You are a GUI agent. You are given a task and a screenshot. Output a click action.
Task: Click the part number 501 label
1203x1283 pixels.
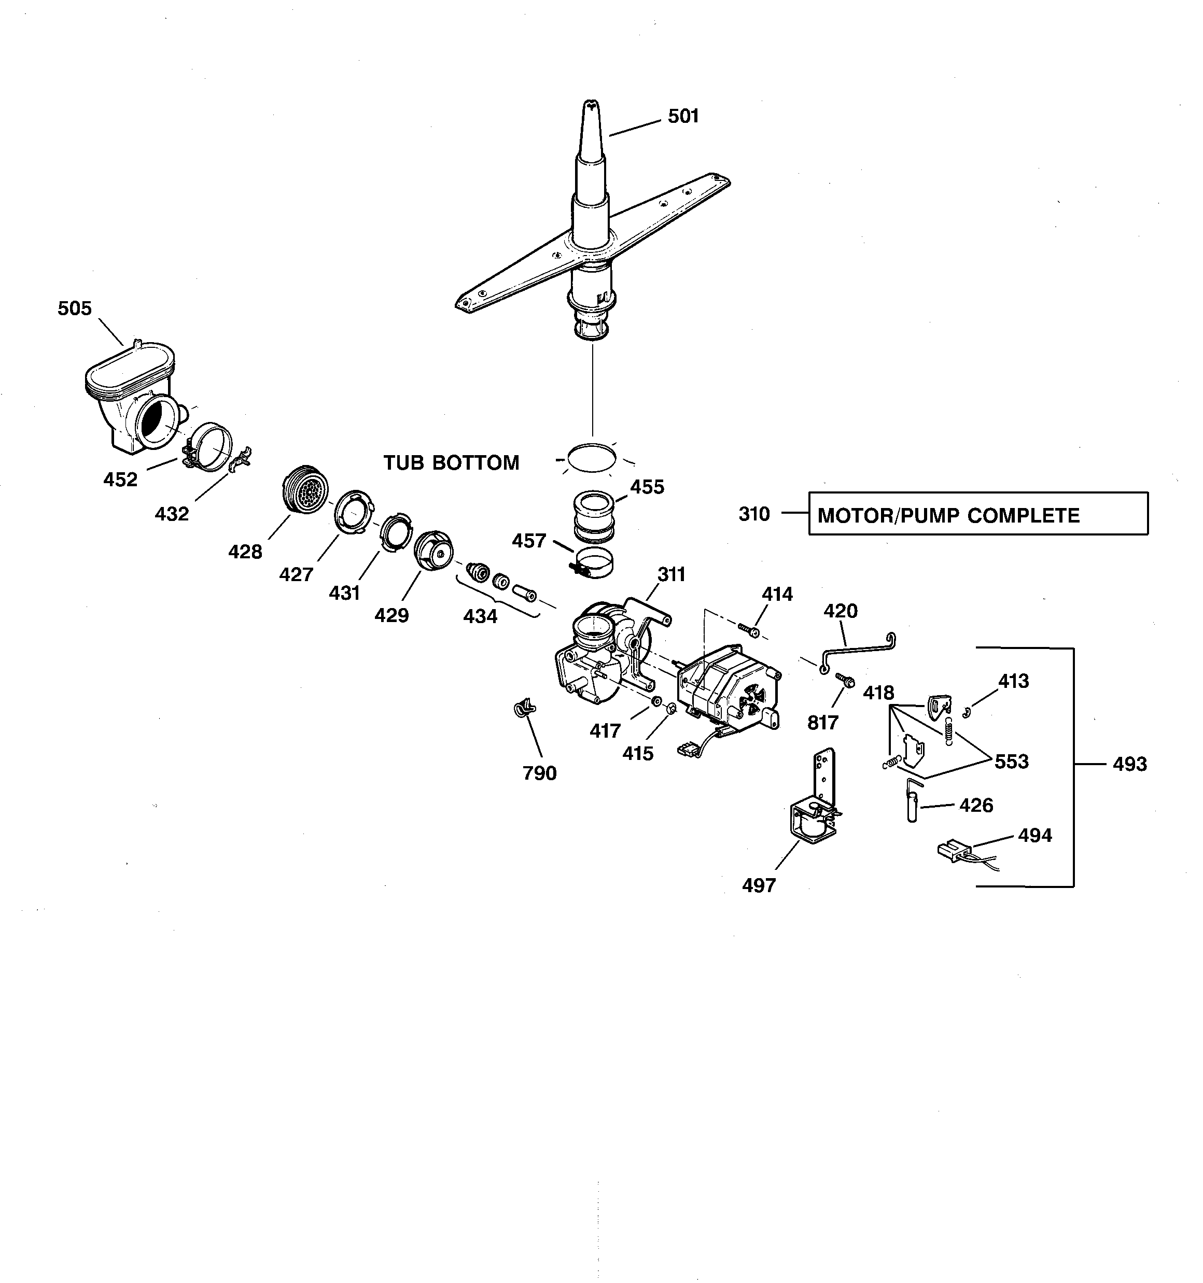point(683,116)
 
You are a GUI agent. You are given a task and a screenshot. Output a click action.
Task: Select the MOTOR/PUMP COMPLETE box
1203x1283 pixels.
point(977,514)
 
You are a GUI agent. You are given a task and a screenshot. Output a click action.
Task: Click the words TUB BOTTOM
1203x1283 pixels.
point(451,463)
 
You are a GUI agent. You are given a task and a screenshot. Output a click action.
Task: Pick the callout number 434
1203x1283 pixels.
point(480,616)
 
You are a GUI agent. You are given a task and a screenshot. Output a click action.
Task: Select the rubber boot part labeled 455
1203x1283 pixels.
point(593,516)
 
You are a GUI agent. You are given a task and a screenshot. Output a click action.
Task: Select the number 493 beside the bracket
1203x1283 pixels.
point(1129,764)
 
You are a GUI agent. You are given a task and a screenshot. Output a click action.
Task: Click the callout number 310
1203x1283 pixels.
point(753,514)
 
